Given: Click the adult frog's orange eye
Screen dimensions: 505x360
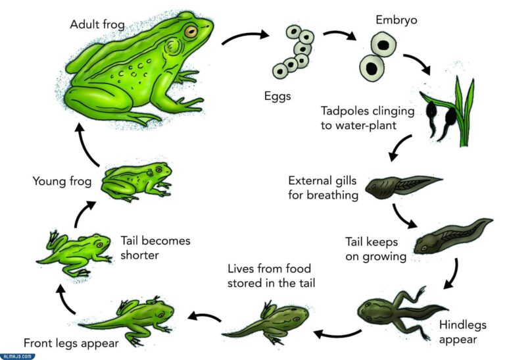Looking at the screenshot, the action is pyautogui.click(x=191, y=32).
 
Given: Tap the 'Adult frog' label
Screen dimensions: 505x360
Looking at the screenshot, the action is pyautogui.click(x=97, y=24).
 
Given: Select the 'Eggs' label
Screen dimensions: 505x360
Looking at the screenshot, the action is pyautogui.click(x=277, y=96).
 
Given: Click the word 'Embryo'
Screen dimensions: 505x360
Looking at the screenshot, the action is pyautogui.click(x=396, y=20).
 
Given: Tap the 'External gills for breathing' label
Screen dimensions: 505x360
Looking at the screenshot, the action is pyautogui.click(x=323, y=188).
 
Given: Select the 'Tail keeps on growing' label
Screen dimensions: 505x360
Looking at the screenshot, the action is pyautogui.click(x=375, y=249).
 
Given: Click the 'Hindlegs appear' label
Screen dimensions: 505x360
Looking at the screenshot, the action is pyautogui.click(x=462, y=332).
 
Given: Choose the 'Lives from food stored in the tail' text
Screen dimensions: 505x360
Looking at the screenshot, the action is pyautogui.click(x=271, y=276).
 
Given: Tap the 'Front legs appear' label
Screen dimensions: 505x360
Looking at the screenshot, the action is pyautogui.click(x=71, y=344).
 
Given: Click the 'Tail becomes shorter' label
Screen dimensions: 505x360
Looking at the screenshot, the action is pyautogui.click(x=155, y=248).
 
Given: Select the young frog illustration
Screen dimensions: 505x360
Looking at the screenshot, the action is pyautogui.click(x=137, y=182).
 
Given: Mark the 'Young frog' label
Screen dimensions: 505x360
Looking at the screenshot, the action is pyautogui.click(x=62, y=181).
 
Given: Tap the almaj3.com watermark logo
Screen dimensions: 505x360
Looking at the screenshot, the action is pyautogui.click(x=17, y=357).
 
